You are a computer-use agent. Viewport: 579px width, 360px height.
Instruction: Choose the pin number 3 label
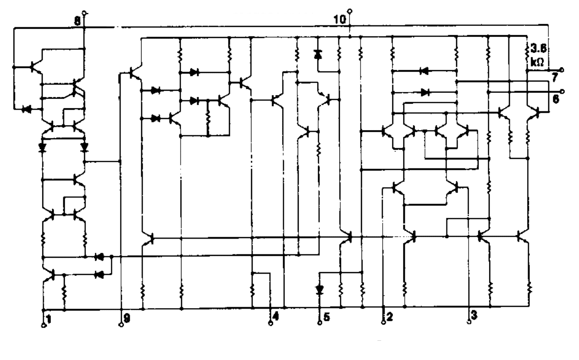coord(474,316)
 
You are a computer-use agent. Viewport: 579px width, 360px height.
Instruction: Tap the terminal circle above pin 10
coord(350,11)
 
